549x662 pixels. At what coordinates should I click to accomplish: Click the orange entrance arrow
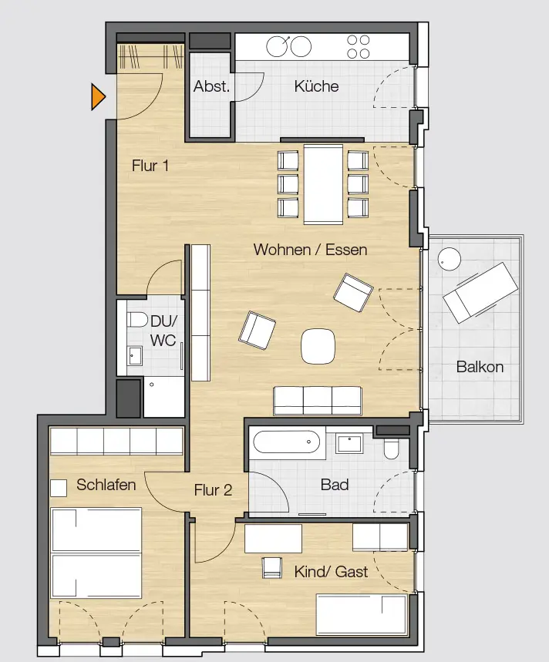98,96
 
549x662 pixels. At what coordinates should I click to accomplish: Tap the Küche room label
316,86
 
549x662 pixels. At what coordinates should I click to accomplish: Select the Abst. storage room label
211,86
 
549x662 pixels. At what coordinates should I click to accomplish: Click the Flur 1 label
150,166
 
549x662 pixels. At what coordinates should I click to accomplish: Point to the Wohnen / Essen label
310,250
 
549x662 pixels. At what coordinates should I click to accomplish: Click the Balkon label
480,367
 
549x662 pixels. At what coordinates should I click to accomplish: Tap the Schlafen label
106,485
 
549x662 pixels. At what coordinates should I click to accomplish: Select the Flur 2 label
213,489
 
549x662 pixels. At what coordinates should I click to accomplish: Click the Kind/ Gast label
331,572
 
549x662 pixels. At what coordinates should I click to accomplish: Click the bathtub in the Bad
287,442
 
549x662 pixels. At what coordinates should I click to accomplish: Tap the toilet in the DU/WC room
137,320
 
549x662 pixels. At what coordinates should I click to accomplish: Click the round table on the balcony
449,259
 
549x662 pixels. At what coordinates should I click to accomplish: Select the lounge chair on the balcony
480,292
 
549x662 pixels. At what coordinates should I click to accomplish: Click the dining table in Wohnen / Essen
323,184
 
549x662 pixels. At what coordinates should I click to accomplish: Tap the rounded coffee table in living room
318,346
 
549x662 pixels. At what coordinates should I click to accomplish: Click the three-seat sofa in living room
318,401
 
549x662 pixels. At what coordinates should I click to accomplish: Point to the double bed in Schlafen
96,553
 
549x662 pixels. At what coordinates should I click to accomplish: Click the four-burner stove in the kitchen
358,46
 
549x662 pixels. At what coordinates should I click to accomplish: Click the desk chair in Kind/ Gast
272,567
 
